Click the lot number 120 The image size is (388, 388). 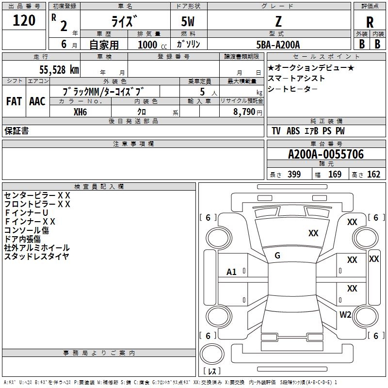pyautogui.click(x=24, y=21)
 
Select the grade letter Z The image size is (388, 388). pyautogui.click(x=278, y=21)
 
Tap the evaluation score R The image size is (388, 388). pyautogui.click(x=370, y=22)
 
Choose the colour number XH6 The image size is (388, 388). pyautogui.click(x=81, y=112)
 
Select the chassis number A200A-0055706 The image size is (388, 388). pyautogui.click(x=325, y=154)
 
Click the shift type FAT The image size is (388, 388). pyautogui.click(x=14, y=101)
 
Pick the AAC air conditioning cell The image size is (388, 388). pyautogui.click(x=37, y=101)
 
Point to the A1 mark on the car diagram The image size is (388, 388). pyautogui.click(x=231, y=272)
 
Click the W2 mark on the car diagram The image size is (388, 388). pyautogui.click(x=345, y=314)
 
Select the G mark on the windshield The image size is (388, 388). pyautogui.click(x=277, y=255)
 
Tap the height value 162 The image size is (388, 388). pyautogui.click(x=373, y=175)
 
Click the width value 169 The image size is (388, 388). pyautogui.click(x=335, y=175)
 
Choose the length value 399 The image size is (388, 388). pyautogui.click(x=294, y=175)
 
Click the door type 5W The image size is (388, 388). pyautogui.click(x=189, y=22)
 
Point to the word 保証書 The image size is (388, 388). pyautogui.click(x=16, y=131)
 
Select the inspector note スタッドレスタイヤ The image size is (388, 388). pyautogui.click(x=36, y=257)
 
